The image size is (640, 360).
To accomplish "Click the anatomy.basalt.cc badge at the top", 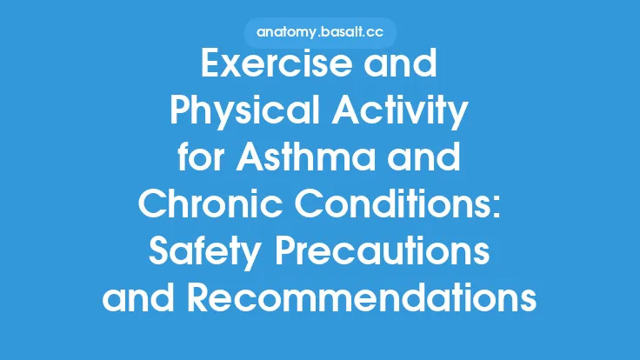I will [319, 33].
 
